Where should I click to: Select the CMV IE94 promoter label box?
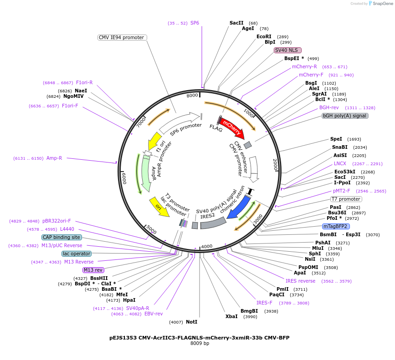[122, 37]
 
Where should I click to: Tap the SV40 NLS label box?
[287, 50]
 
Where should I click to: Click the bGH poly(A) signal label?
[345, 116]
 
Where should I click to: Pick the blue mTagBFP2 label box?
[336, 226]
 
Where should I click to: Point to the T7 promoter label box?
[346, 199]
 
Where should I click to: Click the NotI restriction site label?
[191, 322]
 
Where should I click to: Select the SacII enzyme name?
[236, 23]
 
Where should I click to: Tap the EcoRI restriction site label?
[264, 36]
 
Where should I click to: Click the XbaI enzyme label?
[231, 316]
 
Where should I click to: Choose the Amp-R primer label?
[54, 158]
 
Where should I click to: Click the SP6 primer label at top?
[195, 23]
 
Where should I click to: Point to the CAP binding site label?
[62, 237]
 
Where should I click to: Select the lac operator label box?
[77, 254]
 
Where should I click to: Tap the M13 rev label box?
[93, 270]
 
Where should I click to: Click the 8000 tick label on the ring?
[192, 95]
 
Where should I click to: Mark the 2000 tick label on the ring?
[275, 164]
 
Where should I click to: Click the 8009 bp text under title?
[200, 343]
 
